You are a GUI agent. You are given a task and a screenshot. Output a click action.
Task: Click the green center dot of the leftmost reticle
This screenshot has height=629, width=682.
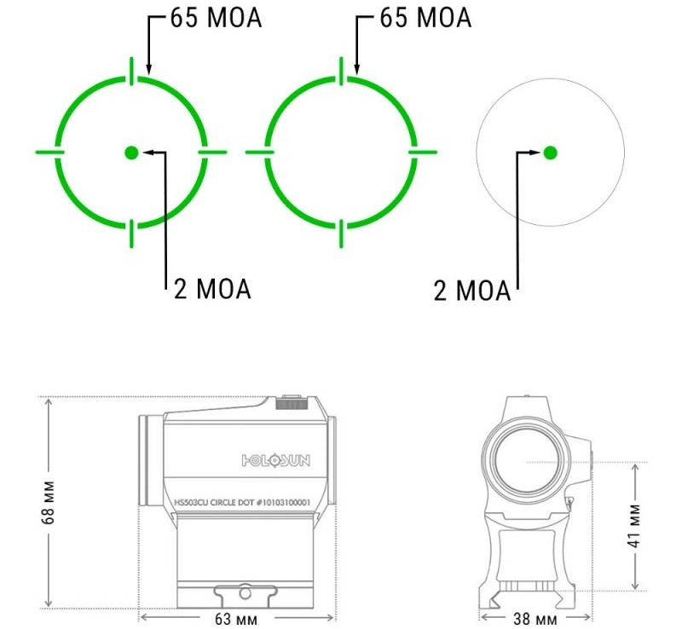(131, 153)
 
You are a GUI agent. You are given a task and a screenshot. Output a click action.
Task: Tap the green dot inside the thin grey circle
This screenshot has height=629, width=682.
(550, 153)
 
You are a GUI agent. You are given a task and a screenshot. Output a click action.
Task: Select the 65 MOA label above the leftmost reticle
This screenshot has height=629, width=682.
(217, 18)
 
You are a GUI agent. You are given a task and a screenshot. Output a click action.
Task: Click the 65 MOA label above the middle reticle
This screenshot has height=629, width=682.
(425, 18)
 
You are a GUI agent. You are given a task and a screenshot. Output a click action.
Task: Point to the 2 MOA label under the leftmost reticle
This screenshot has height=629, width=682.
(212, 288)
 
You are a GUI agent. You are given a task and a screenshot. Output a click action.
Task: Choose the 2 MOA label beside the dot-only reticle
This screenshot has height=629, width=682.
(472, 290)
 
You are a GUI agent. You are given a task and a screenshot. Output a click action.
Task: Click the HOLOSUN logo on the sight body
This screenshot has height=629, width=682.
(275, 460)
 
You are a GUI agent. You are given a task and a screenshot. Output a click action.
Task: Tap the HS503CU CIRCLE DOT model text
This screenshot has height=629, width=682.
(242, 502)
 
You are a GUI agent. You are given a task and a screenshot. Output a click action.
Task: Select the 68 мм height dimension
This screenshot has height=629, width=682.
(49, 502)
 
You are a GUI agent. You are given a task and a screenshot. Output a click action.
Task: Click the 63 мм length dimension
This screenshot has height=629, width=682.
(236, 619)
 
